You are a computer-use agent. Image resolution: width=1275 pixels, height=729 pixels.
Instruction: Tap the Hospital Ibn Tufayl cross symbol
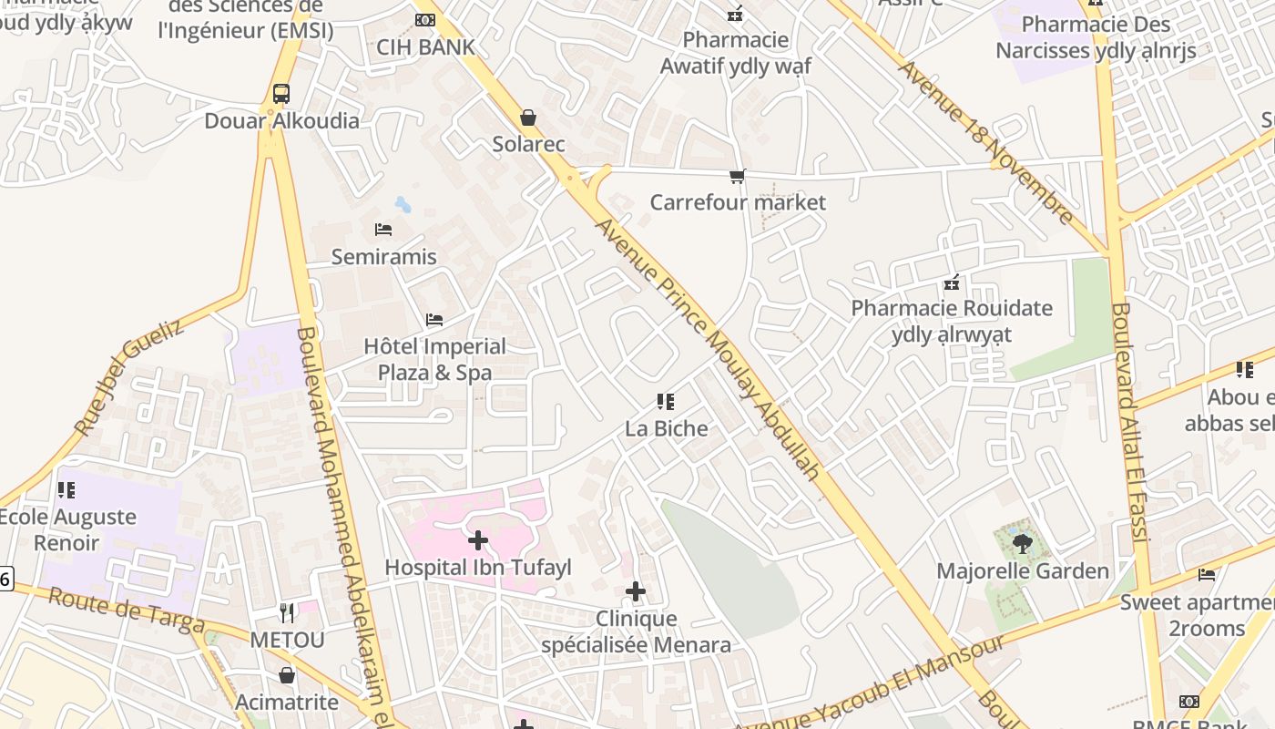tap(477, 540)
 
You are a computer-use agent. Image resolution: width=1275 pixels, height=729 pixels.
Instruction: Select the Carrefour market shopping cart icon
tap(737, 176)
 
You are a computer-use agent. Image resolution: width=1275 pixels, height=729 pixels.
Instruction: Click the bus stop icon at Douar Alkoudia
tap(281, 94)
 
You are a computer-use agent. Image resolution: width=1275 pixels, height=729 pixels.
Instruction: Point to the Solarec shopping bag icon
tap(527, 118)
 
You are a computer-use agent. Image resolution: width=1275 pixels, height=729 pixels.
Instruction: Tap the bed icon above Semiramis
tap(383, 230)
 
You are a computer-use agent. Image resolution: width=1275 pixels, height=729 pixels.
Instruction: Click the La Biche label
tap(666, 428)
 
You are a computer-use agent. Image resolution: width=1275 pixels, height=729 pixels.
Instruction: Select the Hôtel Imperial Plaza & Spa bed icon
tap(434, 320)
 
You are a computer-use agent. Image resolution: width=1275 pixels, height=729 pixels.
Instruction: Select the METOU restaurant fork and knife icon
tap(287, 612)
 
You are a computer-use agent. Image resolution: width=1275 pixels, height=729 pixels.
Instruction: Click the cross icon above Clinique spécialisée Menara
tap(636, 592)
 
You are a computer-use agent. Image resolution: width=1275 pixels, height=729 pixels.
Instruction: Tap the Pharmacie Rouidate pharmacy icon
tap(952, 282)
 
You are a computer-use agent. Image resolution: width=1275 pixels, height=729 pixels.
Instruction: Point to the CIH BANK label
tap(425, 47)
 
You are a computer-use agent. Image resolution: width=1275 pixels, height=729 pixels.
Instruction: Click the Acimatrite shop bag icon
tap(287, 675)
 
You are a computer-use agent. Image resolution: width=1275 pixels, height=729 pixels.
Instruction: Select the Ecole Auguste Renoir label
tap(67, 529)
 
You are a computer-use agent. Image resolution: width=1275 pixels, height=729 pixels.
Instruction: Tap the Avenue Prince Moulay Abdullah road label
tap(708, 350)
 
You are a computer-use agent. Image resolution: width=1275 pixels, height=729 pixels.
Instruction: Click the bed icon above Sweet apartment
tap(1207, 574)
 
